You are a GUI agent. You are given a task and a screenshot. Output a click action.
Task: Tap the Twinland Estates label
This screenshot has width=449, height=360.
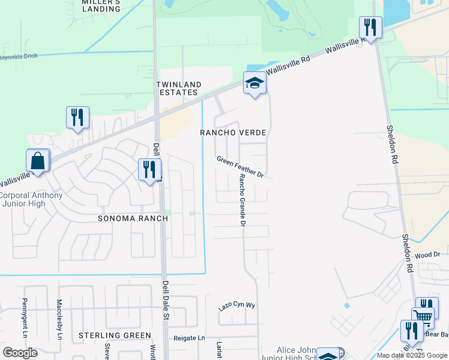pos(177,89)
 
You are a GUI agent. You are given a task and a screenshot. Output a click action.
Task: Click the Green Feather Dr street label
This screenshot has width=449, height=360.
pos(241,167)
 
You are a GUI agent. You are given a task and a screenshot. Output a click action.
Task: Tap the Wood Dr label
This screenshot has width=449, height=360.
pos(427,255)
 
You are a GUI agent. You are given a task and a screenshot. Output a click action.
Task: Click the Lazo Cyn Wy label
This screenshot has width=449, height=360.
pos(237,306)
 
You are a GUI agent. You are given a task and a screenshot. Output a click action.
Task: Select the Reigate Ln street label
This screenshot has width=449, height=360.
pos(189,338)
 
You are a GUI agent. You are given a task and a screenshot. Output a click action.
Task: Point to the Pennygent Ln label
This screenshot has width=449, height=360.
pos(25,318)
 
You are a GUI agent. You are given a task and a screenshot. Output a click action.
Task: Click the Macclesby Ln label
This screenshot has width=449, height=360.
pos(59,319)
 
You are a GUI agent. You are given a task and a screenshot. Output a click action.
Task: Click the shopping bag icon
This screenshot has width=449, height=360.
pos(37,161)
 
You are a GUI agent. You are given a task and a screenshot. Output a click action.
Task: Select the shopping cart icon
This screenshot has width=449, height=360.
pos(423,317)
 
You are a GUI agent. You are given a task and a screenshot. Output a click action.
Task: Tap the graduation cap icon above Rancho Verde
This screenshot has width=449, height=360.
pos(255,84)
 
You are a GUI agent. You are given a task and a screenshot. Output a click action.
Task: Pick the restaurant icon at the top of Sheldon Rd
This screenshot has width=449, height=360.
pos(370,28)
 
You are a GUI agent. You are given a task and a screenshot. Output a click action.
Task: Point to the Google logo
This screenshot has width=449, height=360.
pos(20,352)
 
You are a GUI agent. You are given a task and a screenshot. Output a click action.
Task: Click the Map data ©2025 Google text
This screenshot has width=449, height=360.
pos(412,355)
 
